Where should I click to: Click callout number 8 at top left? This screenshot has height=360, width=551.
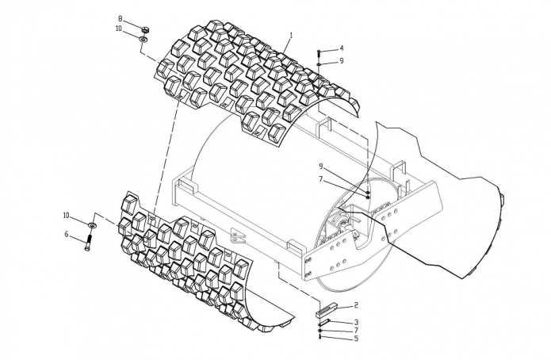[x=120, y=18]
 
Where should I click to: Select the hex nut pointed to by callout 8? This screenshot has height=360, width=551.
[x=145, y=29]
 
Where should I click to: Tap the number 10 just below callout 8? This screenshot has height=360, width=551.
[x=119, y=29]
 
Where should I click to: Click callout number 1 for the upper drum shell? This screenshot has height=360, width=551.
[x=291, y=35]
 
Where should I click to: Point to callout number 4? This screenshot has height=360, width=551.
[x=341, y=48]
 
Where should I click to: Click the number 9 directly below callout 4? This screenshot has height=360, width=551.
[x=341, y=61]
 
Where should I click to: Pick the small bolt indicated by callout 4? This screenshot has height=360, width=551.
[x=319, y=53]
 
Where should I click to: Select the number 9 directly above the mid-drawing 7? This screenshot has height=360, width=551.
[x=321, y=166]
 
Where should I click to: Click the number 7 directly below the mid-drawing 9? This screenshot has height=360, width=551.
[x=321, y=179]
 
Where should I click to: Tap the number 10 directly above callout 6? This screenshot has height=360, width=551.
[x=67, y=215]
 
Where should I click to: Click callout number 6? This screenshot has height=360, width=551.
[x=67, y=234]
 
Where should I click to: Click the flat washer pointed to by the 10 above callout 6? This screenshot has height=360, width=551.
[x=92, y=224]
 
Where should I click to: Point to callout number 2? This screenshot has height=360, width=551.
[x=356, y=304]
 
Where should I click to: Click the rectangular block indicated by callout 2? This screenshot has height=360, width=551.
[x=327, y=308]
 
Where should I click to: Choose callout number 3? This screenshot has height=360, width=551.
[x=356, y=322]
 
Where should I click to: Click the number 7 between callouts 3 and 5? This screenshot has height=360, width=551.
[x=356, y=330]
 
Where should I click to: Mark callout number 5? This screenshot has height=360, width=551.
[x=356, y=339]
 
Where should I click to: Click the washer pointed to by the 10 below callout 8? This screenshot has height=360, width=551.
[x=143, y=39]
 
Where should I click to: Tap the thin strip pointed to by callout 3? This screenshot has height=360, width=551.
[x=324, y=322]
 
